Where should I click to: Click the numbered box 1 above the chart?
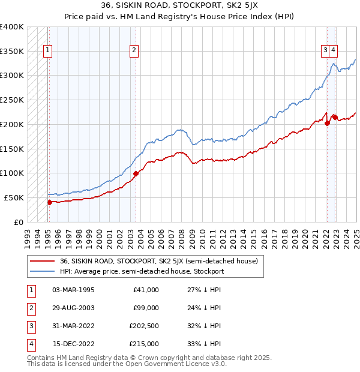pyautogui.click(x=47, y=51)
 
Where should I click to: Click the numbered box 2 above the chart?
pyautogui.click(x=134, y=51)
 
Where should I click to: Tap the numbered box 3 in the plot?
pyautogui.click(x=325, y=51)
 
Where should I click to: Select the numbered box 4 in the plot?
pyautogui.click(x=332, y=51)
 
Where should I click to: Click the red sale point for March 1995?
pyautogui.click(x=49, y=202)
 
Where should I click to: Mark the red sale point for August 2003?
pyautogui.click(x=136, y=174)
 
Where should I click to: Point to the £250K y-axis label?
pyautogui.click(x=12, y=100)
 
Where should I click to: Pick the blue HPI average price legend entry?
pyautogui.click(x=142, y=271)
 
